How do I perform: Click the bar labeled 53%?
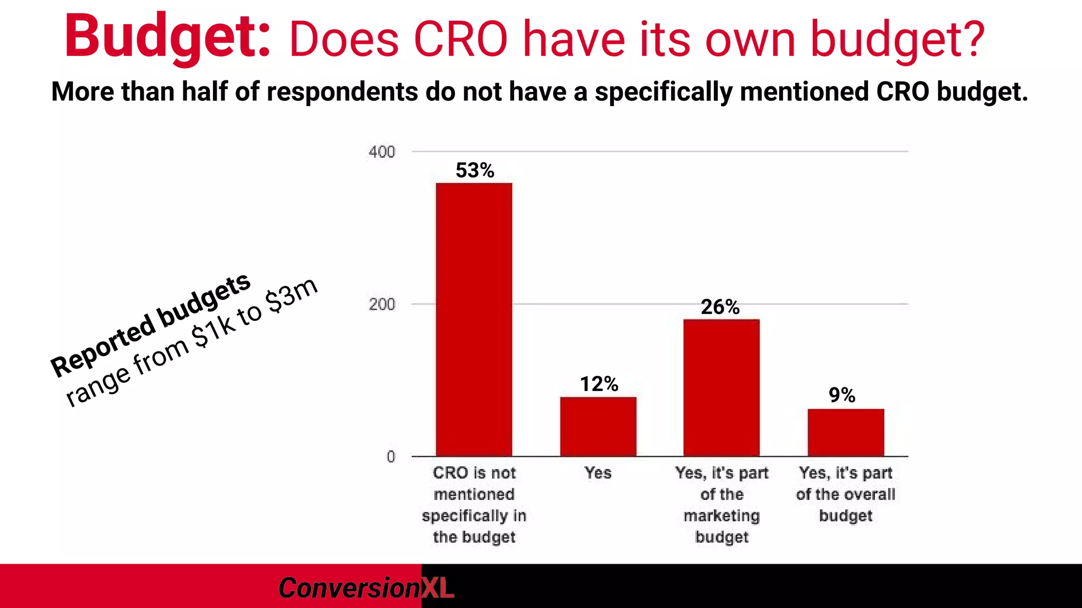pos(474,319)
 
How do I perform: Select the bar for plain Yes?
pos(598,426)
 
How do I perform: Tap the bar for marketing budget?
pos(721,387)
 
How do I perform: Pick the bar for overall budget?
pos(845,432)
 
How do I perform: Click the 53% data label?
pos(474,170)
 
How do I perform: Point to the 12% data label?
pos(599,384)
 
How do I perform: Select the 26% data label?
pos(720,307)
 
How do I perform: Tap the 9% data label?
pos(842,395)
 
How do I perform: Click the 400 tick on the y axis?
pos(381,152)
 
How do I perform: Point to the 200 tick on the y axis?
pos(381,305)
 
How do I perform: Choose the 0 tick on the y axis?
pos(390,457)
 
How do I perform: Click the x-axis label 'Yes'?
pos(598,473)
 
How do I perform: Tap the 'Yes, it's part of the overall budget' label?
pos(845,494)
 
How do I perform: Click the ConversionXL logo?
pos(366,588)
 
